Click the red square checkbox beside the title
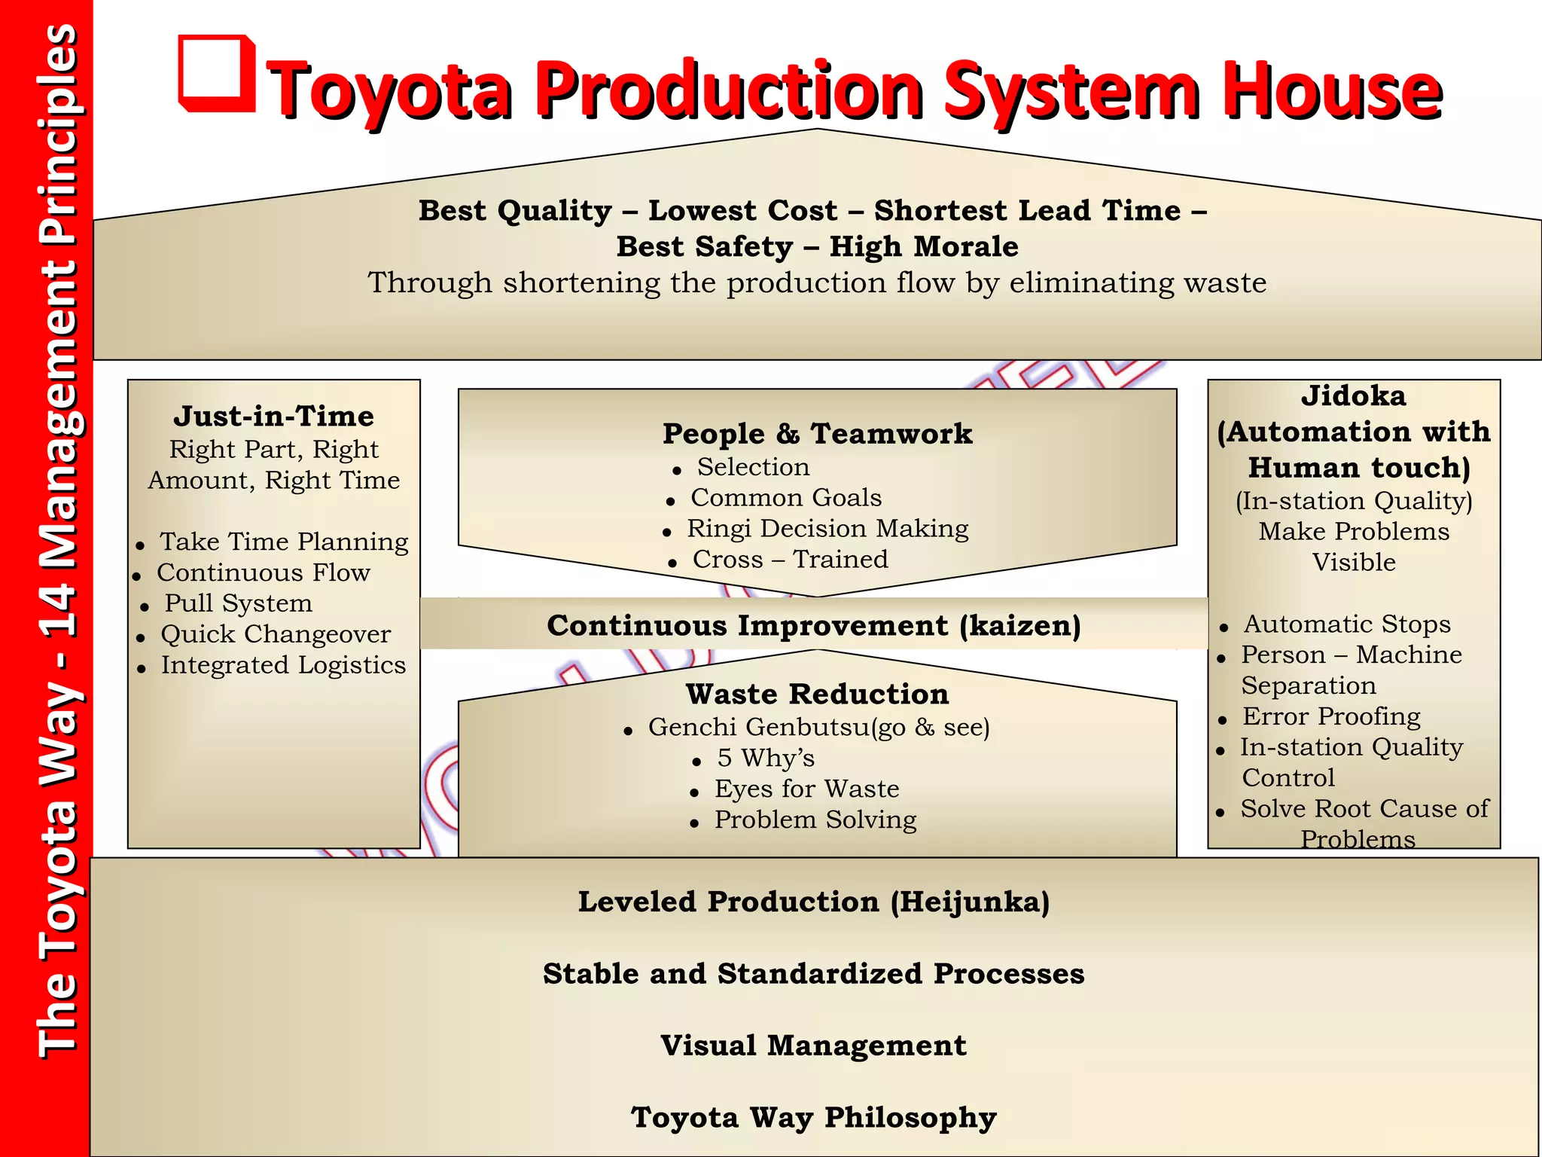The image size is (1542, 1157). (x=216, y=73)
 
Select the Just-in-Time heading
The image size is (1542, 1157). (x=273, y=416)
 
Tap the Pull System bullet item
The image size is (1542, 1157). (x=238, y=603)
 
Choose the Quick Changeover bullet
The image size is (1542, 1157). (x=276, y=634)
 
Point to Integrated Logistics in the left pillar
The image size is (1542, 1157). (x=283, y=665)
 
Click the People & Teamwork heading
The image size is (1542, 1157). (x=817, y=434)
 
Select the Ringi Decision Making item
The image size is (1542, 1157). (x=827, y=529)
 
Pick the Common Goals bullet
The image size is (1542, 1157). (x=786, y=498)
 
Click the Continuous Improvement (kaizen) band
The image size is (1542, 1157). (x=814, y=625)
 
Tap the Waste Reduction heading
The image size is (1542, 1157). (x=817, y=694)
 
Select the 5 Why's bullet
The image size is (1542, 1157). (x=766, y=758)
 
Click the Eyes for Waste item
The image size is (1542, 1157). (x=806, y=789)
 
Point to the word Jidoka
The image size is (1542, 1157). (x=1353, y=396)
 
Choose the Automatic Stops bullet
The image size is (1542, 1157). (x=1346, y=624)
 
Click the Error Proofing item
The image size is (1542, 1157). (x=1331, y=716)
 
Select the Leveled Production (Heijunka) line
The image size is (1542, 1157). (x=814, y=902)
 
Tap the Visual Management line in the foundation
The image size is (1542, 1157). (x=814, y=1046)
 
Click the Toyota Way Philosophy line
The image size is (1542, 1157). (x=814, y=1118)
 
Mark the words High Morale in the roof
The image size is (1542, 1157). (x=924, y=247)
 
